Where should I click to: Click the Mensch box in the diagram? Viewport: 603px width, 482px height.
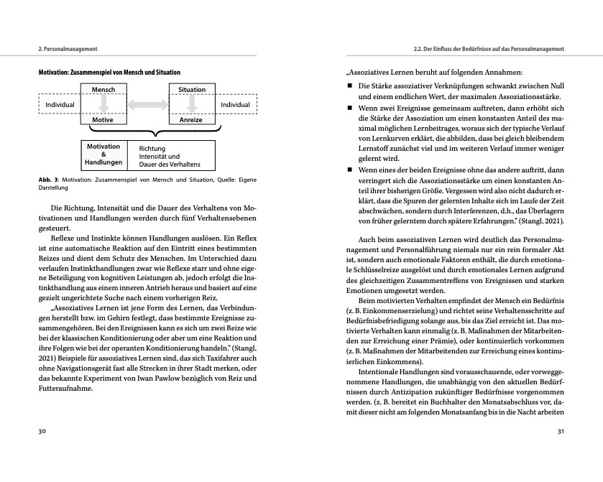click(103, 89)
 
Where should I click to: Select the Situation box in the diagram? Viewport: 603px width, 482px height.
click(192, 89)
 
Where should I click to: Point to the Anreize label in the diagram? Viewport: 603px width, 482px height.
click(191, 120)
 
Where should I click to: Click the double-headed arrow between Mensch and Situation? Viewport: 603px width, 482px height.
click(147, 105)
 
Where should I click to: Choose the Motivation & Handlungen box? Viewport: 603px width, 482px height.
click(103, 154)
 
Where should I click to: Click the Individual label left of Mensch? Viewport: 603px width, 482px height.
click(60, 105)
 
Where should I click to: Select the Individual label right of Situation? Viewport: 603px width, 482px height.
click(235, 105)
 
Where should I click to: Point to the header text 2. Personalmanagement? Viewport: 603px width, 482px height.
click(68, 48)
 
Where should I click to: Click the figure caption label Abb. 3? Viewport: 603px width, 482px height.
click(49, 180)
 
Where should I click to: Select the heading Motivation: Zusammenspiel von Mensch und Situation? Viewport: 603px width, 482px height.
click(109, 73)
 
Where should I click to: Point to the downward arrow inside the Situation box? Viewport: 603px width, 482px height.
click(192, 103)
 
